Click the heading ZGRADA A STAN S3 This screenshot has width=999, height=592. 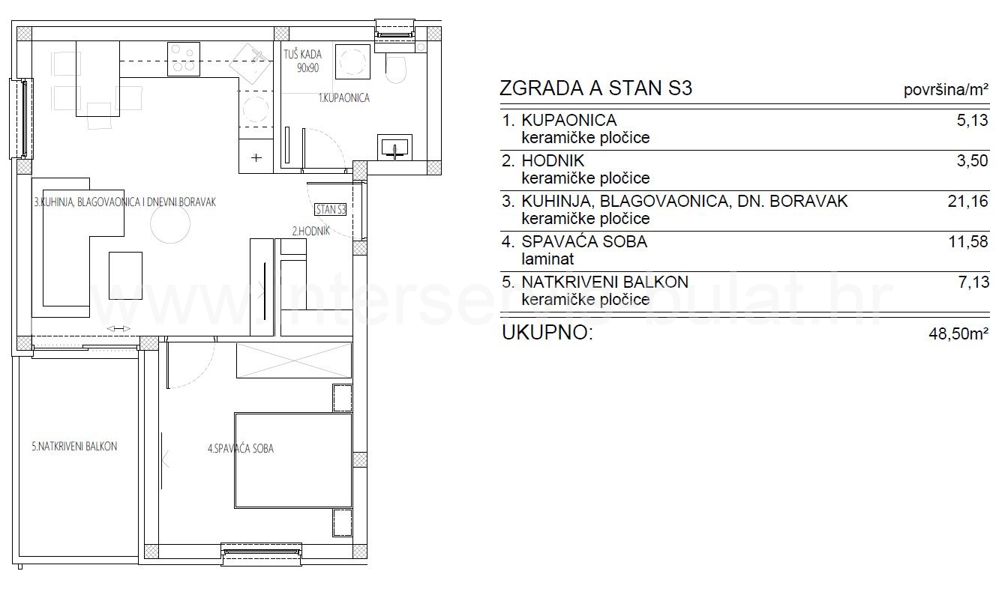coord(595,88)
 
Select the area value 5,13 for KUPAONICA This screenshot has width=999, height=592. coord(972,120)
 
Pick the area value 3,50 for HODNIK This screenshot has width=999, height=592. coord(972,161)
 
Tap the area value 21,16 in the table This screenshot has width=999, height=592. coord(967,202)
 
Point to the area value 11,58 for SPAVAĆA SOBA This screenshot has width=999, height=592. coord(968,242)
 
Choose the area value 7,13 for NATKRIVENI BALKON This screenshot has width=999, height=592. coord(973,283)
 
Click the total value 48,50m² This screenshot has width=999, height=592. coord(958,333)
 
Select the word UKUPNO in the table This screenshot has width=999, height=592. coord(547,333)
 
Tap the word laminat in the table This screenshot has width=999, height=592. coord(547,259)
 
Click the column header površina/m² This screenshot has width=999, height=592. coord(946,90)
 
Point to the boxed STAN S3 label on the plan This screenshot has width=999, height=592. coord(331,209)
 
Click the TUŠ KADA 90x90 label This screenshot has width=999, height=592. coord(303,61)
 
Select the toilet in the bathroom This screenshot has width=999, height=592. coord(395,69)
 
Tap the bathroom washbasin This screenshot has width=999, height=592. coord(394,148)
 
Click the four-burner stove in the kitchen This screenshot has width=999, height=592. coord(183,58)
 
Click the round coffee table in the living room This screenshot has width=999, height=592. coord(170,224)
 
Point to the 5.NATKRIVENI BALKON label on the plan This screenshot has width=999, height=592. coord(74,447)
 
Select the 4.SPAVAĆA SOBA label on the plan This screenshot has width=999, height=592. coord(241,449)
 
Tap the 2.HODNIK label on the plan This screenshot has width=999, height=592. coord(310,231)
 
